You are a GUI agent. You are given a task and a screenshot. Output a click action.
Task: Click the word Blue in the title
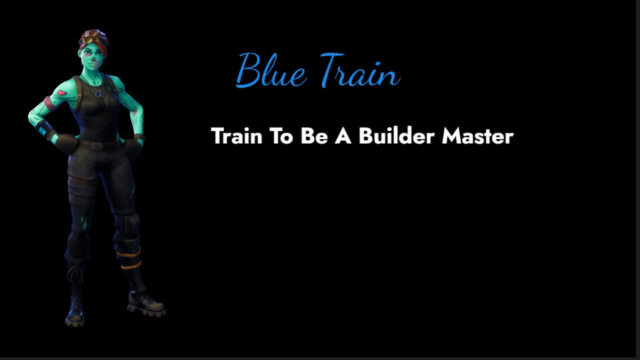271,70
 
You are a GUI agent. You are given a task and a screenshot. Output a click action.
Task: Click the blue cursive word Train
360,70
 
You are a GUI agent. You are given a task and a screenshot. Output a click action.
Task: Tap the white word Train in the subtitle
237,136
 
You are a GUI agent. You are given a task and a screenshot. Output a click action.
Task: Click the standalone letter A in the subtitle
343,136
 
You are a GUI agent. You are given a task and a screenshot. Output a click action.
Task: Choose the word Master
478,136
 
